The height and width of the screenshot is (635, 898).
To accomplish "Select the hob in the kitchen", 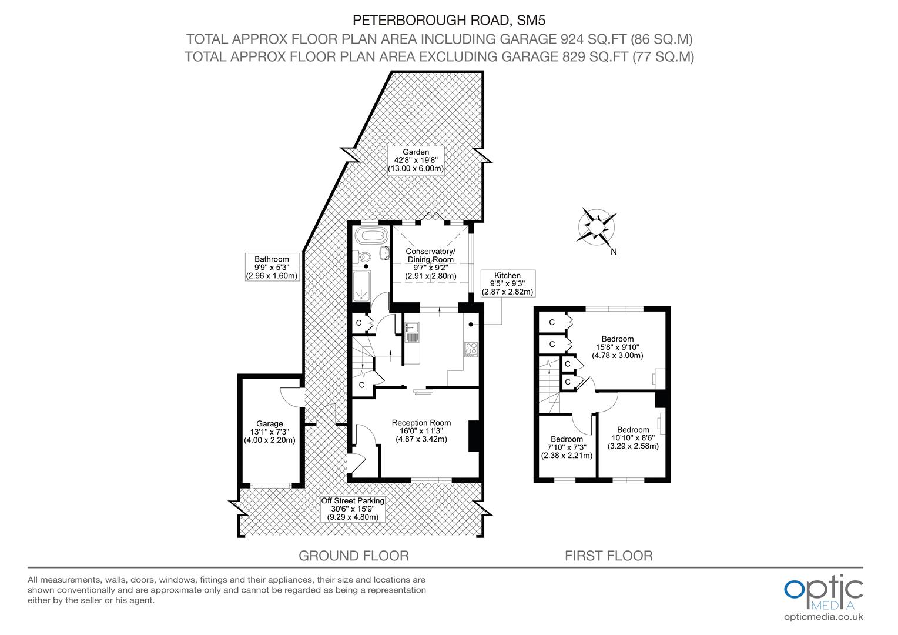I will tap(471, 349).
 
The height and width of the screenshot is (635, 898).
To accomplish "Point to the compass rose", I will tap(597, 226).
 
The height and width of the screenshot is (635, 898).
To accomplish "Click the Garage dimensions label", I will tap(269, 432).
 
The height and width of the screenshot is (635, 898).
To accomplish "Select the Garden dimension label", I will tap(416, 161).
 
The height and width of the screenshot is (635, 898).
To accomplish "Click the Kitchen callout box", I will tap(507, 283).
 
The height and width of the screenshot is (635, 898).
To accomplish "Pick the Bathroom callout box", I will tap(272, 267).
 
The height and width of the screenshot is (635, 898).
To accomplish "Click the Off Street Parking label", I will tap(353, 509).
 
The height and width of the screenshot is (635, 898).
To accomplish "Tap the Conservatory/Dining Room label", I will tap(430, 263).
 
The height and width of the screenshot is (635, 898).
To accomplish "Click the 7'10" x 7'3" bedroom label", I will tap(567, 447).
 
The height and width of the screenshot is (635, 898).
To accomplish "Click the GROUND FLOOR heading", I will tap(353, 556).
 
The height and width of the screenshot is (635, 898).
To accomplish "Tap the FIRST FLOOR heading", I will tap(608, 556).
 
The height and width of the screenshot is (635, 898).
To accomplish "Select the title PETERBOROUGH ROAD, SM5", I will tap(449, 21).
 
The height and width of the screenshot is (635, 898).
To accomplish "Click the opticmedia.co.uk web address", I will tap(823, 617).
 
